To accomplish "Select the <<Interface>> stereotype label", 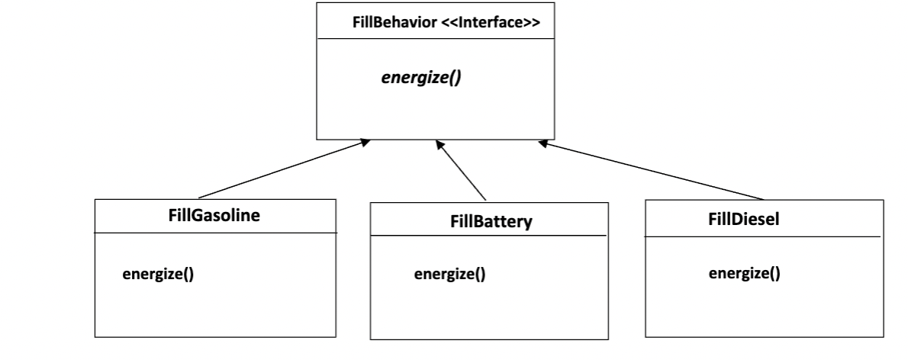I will point(491,24).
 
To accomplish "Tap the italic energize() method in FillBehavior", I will point(421,79).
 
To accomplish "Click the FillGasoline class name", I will point(214,215).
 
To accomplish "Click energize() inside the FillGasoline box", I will point(158,274).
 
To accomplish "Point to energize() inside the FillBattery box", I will point(449,275).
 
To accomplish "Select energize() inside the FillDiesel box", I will point(744,274).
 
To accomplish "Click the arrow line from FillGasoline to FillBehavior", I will point(282,169).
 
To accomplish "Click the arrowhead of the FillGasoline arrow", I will point(365,143).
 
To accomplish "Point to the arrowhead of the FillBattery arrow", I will point(438,143).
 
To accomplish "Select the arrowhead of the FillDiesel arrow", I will point(543,143).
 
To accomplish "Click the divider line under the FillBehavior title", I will point(435,40).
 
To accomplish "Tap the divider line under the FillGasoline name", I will point(215,232).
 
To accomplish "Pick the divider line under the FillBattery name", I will point(488,237).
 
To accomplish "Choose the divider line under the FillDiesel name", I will point(763,236).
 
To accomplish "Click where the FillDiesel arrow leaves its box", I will point(761,199).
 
